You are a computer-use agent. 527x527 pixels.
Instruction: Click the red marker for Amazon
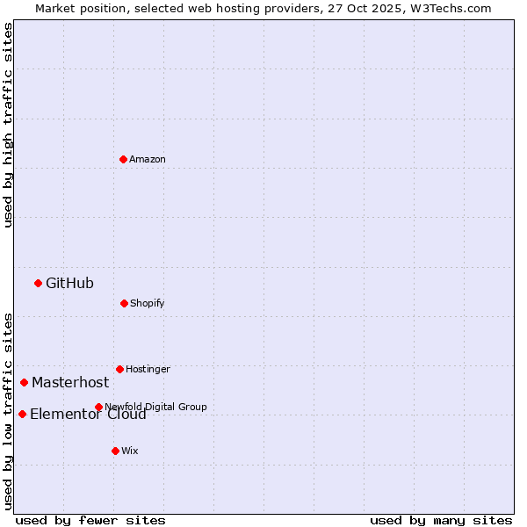[123, 159]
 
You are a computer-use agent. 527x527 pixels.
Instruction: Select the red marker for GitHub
[38, 283]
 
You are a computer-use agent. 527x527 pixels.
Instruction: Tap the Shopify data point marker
[124, 303]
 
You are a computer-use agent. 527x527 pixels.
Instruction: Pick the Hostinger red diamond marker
[119, 369]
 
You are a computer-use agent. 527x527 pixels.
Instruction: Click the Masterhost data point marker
[24, 382]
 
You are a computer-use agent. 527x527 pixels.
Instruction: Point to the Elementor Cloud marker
[22, 414]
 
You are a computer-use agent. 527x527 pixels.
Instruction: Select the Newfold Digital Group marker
[98, 407]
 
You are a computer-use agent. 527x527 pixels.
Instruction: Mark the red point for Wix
[115, 451]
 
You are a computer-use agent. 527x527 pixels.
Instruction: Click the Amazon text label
[148, 159]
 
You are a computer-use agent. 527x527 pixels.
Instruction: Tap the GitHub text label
[69, 283]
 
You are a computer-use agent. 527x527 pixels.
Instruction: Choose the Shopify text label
[147, 303]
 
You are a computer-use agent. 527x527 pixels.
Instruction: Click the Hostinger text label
[148, 369]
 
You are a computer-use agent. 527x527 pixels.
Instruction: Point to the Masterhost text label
[70, 382]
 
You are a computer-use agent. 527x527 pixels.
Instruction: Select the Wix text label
[130, 451]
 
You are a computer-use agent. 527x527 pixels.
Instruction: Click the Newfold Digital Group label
[155, 407]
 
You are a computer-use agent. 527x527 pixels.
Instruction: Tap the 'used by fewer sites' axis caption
[90, 520]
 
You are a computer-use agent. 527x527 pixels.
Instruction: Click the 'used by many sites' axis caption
[441, 520]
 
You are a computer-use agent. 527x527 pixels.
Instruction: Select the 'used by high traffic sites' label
[8, 125]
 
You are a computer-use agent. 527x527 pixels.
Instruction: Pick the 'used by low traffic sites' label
[8, 411]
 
